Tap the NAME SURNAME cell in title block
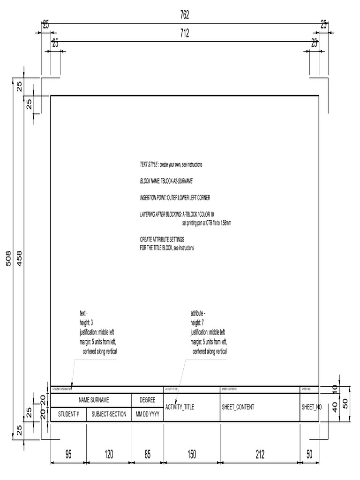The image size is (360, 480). (x=94, y=400)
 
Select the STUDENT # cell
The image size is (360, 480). (x=68, y=414)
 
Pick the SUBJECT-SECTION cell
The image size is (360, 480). (x=109, y=414)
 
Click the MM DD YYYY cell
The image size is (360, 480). (x=148, y=414)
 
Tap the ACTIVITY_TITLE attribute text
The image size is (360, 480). (x=180, y=407)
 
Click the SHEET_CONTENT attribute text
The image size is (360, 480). (x=238, y=407)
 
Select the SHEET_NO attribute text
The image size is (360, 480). (x=312, y=407)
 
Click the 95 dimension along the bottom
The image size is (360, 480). (x=68, y=454)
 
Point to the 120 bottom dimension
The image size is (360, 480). (x=109, y=454)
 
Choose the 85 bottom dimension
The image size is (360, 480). (x=148, y=454)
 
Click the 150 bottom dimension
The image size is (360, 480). (x=192, y=454)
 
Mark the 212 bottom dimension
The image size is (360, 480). (x=260, y=454)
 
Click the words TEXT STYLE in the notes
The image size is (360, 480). (x=149, y=165)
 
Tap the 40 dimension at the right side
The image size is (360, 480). (x=335, y=407)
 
